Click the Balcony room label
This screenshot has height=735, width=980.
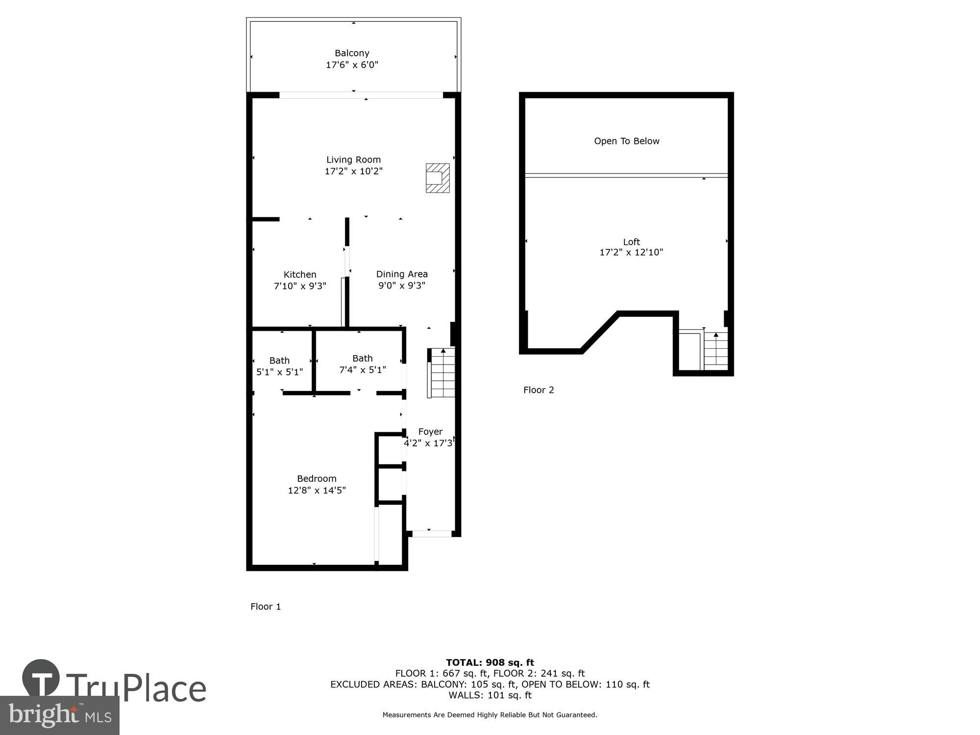point(352,53)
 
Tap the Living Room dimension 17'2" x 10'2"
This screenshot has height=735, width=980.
point(353,171)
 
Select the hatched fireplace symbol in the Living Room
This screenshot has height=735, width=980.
point(437,178)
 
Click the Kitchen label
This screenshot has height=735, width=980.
point(300,274)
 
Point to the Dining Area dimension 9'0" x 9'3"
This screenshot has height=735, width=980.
point(401,285)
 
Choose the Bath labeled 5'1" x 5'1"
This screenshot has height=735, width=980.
point(279,366)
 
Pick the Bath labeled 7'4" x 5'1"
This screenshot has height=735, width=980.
point(362,364)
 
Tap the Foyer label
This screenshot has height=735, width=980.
point(430,431)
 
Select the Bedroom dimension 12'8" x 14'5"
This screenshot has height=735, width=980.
point(317,490)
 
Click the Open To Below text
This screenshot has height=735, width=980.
point(626,141)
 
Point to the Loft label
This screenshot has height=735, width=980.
point(631,242)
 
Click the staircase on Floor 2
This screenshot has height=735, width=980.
point(715,350)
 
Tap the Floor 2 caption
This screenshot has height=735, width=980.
point(538,390)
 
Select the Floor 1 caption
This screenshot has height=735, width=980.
point(266,607)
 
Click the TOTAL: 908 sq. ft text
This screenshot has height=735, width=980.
point(490,662)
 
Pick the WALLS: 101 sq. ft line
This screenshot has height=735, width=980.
point(490,695)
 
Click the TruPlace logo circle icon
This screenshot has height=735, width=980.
point(41,678)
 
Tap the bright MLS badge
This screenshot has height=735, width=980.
point(60,715)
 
